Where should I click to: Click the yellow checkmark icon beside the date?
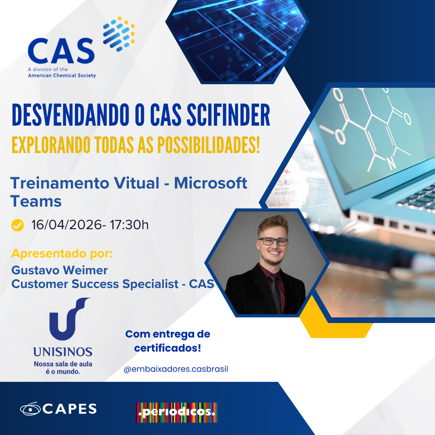tap(17, 225)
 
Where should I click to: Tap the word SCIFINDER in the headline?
tap(228, 115)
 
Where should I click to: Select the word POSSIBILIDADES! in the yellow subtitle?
tap(209, 145)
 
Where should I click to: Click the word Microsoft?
tap(210, 183)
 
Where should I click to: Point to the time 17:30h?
tap(129, 225)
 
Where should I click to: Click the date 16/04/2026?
tap(66, 225)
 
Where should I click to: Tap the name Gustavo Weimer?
tap(59, 270)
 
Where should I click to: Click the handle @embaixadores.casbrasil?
tap(176, 369)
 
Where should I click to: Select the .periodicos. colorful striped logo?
tap(177, 412)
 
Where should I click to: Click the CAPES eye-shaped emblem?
tap(30, 409)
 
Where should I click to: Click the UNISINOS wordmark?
tap(63, 352)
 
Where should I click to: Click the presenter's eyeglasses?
tap(273, 242)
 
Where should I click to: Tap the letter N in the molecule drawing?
tap(391, 163)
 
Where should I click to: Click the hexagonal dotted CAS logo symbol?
tap(119, 34)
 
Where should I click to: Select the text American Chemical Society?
tap(62, 75)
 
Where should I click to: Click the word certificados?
tap(168, 348)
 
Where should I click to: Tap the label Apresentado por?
tap(62, 254)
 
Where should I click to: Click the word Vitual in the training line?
tap(137, 183)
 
